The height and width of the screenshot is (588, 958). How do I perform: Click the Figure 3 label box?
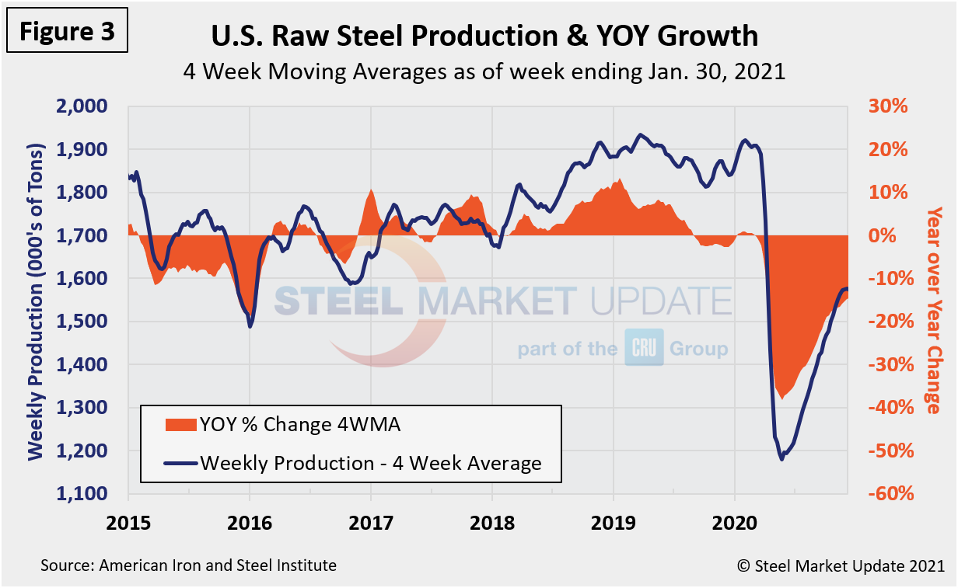[x=67, y=31]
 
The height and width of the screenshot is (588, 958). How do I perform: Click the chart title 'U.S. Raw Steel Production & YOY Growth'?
[x=484, y=35]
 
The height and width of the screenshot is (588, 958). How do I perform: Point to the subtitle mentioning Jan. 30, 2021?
[x=484, y=71]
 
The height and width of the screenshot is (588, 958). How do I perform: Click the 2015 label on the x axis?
[x=128, y=521]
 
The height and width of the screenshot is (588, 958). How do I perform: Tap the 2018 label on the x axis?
[x=492, y=521]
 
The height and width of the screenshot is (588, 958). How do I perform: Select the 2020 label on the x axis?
[x=735, y=521]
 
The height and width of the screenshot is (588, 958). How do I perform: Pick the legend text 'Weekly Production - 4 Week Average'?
[x=370, y=464]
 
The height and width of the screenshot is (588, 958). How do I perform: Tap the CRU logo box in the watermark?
[x=644, y=348]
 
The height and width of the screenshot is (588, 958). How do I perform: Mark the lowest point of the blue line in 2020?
[x=781, y=459]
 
